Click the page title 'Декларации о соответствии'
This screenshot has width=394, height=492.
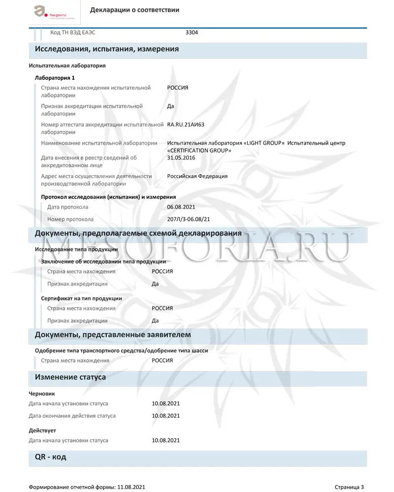(134, 10)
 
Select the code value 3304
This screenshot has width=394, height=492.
(192, 32)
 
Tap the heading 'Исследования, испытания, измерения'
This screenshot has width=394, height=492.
(106, 49)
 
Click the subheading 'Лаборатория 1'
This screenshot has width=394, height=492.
(54, 78)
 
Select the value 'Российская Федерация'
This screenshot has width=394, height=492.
(197, 176)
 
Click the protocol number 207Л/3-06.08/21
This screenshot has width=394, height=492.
(192, 219)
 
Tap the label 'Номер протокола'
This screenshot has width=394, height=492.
(70, 219)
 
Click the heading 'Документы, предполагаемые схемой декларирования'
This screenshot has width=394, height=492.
(138, 233)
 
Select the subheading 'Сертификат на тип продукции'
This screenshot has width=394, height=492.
(81, 298)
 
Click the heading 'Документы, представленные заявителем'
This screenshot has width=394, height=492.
(113, 335)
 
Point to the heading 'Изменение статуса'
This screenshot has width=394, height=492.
(70, 377)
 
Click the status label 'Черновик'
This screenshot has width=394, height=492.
(42, 394)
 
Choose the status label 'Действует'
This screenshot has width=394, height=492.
(42, 430)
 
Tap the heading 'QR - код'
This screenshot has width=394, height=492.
(50, 457)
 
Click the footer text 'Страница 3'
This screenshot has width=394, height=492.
(349, 487)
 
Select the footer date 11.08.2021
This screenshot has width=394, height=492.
(131, 487)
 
